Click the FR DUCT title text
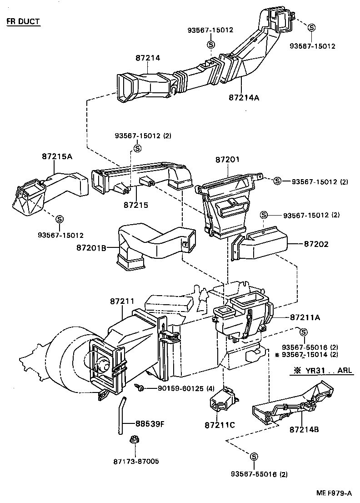tap(23, 22)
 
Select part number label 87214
tap(148, 58)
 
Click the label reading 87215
tap(135, 205)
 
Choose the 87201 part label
tap(228, 160)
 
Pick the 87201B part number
tap(91, 248)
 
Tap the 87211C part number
tap(220, 425)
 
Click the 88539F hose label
tap(150, 424)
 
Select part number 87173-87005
tap(136, 461)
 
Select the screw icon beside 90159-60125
tap(141, 387)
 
